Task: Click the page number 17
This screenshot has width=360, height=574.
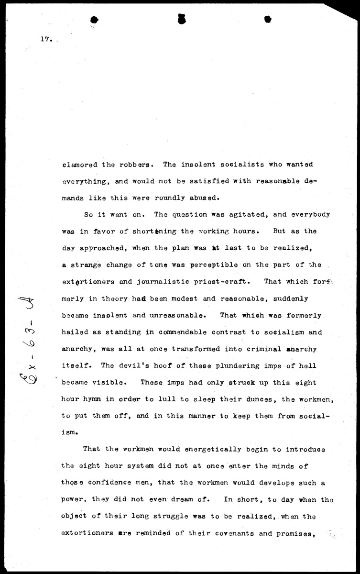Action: (x=45, y=40)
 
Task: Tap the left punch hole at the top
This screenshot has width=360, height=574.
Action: (x=94, y=20)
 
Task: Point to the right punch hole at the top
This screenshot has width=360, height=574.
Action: (x=268, y=19)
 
